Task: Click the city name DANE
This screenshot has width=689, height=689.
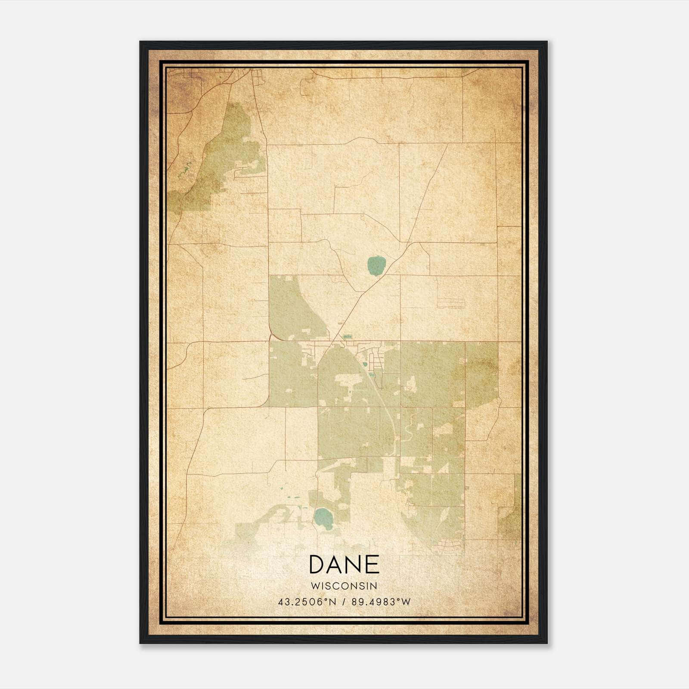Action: click(x=344, y=565)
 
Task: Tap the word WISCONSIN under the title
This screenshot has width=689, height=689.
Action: click(x=344, y=586)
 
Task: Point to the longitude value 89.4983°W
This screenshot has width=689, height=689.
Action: click(x=381, y=602)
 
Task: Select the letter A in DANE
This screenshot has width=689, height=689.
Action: click(x=336, y=565)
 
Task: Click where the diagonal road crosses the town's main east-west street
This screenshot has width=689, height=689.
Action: click(x=332, y=342)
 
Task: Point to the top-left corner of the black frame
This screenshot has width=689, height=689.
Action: click(x=140, y=42)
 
